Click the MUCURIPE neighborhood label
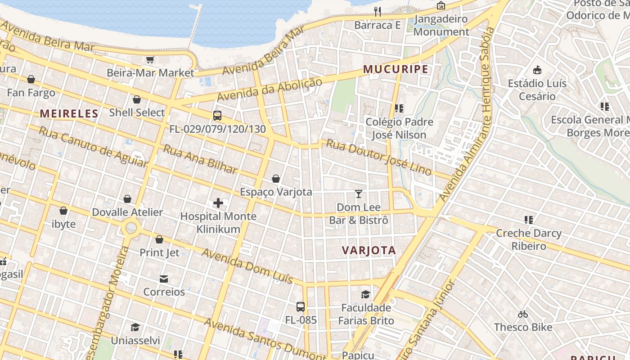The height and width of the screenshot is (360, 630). click(396, 69)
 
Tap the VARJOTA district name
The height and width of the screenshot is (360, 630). click(369, 251)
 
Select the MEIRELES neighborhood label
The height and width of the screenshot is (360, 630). click(69, 113)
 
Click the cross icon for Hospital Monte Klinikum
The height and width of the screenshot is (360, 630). click(218, 203)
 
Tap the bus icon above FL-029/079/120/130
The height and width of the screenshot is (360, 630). click(217, 116)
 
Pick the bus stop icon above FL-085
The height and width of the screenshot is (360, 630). click(301, 307)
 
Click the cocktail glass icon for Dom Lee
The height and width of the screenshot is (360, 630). click(359, 194)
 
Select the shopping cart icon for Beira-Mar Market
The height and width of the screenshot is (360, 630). click(150, 59)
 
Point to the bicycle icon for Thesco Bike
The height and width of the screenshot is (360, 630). click(523, 314)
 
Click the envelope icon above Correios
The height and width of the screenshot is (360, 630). click(164, 279)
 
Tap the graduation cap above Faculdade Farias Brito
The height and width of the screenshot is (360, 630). click(365, 294)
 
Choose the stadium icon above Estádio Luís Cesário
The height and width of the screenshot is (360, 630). click(537, 70)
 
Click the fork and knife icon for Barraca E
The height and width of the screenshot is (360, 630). click(378, 11)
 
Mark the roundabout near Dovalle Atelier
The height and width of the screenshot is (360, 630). click(131, 228)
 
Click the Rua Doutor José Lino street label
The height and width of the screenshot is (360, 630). click(378, 157)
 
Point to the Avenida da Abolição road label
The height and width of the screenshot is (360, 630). click(270, 90)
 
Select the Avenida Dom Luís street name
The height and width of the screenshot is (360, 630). click(247, 265)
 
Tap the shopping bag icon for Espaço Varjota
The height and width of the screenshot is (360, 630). click(276, 179)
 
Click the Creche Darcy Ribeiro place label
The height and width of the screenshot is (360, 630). click(528, 239)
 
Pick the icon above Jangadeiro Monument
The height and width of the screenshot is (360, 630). click(441, 5)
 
